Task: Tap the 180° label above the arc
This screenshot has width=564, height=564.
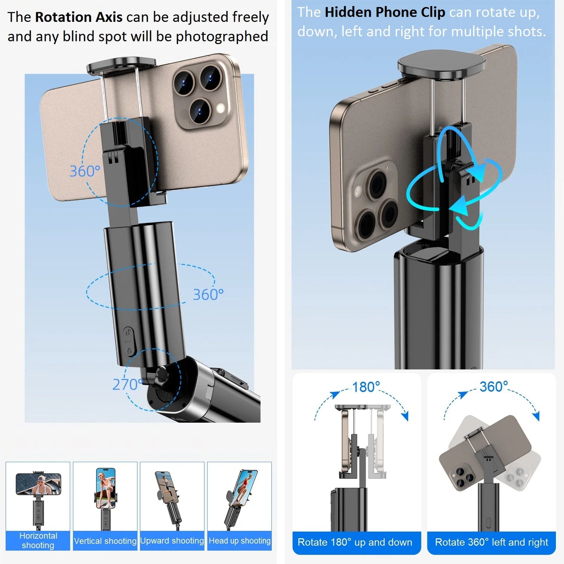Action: (366, 387)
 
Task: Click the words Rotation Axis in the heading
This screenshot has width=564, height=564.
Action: (78, 17)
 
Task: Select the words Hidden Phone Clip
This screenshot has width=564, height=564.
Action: (385, 12)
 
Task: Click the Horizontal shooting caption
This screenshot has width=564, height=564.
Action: (38, 541)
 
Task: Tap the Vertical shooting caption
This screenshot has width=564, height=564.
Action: (105, 541)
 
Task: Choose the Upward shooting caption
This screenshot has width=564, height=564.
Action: (172, 541)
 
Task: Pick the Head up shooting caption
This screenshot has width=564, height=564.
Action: (239, 541)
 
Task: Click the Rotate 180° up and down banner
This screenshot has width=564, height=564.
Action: (355, 542)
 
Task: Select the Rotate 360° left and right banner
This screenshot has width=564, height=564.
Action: (491, 542)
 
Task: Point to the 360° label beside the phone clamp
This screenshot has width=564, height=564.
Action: (85, 171)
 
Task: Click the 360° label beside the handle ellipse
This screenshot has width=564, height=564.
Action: (208, 295)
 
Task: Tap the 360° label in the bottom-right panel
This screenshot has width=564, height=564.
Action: (494, 387)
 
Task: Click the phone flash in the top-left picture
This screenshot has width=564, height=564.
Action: (220, 108)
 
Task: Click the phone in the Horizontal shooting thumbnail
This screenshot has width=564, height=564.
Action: (38, 484)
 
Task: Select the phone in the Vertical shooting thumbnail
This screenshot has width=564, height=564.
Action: (105, 488)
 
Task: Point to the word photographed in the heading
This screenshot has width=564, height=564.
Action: (222, 37)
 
